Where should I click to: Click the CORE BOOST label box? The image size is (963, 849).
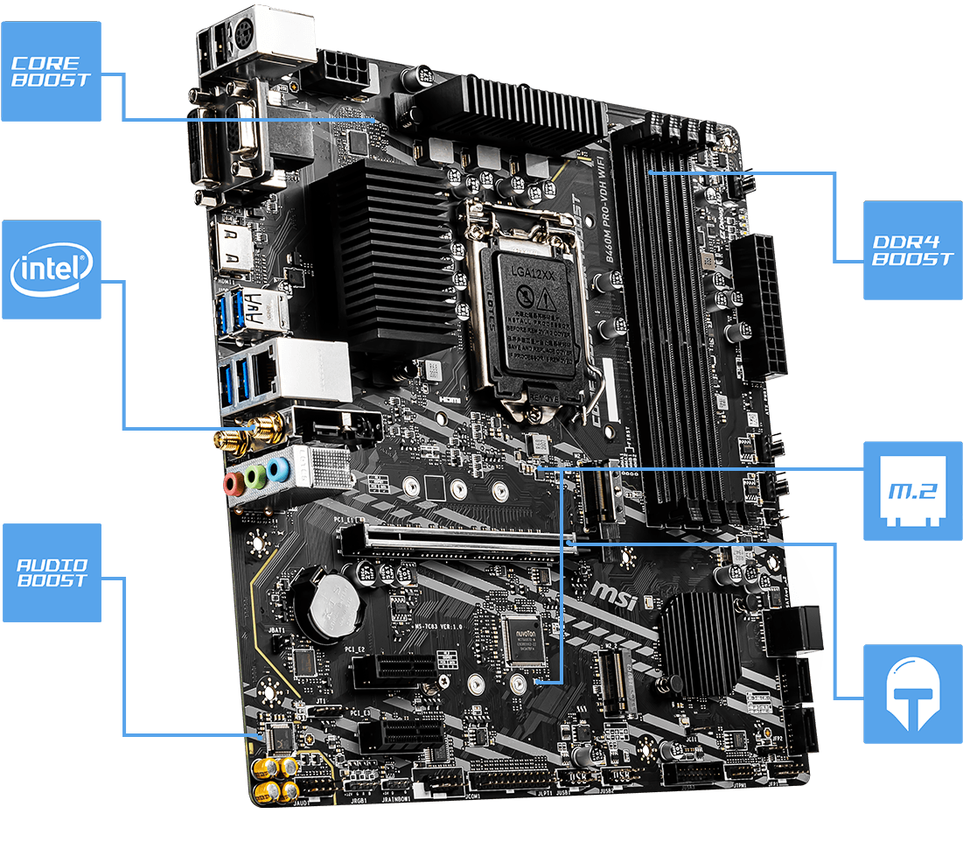pos(51,72)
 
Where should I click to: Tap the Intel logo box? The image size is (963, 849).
pos(51,270)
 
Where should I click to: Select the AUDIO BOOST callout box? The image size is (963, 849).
pos(51,572)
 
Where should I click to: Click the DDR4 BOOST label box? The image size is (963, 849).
pos(912,250)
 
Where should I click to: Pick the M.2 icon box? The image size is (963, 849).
pos(912,491)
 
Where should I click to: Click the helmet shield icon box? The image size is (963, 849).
pos(912,694)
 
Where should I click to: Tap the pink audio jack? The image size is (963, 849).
pos(234,482)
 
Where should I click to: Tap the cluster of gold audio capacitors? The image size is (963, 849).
pos(276,779)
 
